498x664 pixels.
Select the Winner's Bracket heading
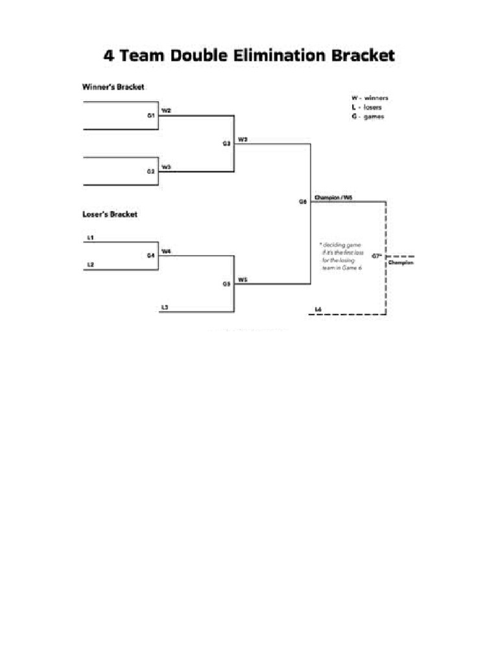click(113, 86)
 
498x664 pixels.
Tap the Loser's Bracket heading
click(110, 214)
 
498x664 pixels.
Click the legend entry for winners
click(370, 99)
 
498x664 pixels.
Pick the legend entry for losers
click(367, 108)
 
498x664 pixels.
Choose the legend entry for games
click(368, 117)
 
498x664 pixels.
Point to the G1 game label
click(150, 115)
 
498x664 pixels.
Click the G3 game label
click(227, 143)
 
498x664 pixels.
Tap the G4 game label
click(150, 255)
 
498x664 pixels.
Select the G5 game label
click(227, 283)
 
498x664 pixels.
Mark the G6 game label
click(303, 202)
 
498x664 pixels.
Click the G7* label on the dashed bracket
click(377, 256)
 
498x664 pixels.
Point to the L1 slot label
click(90, 237)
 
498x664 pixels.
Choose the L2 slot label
click(90, 265)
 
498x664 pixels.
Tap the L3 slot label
click(165, 307)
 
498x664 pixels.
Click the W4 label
click(166, 251)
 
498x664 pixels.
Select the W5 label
click(242, 279)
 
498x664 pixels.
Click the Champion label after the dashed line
click(401, 263)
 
